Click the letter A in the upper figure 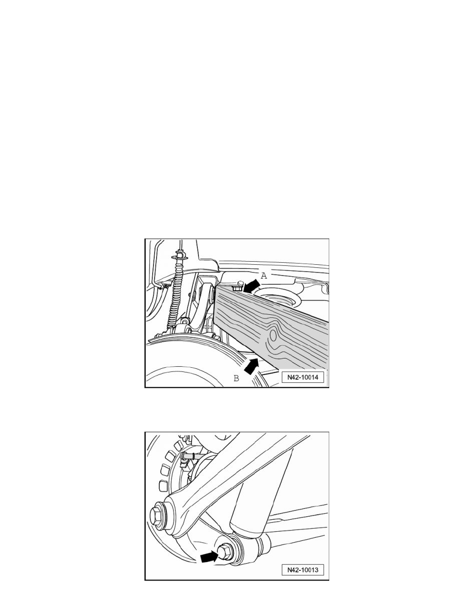(x=264, y=276)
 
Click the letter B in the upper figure (x=236, y=378)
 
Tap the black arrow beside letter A (x=251, y=285)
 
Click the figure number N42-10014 (x=303, y=378)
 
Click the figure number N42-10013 (x=303, y=569)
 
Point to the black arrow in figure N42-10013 (x=210, y=556)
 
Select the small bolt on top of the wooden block (x=236, y=287)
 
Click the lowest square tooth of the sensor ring (x=164, y=486)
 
